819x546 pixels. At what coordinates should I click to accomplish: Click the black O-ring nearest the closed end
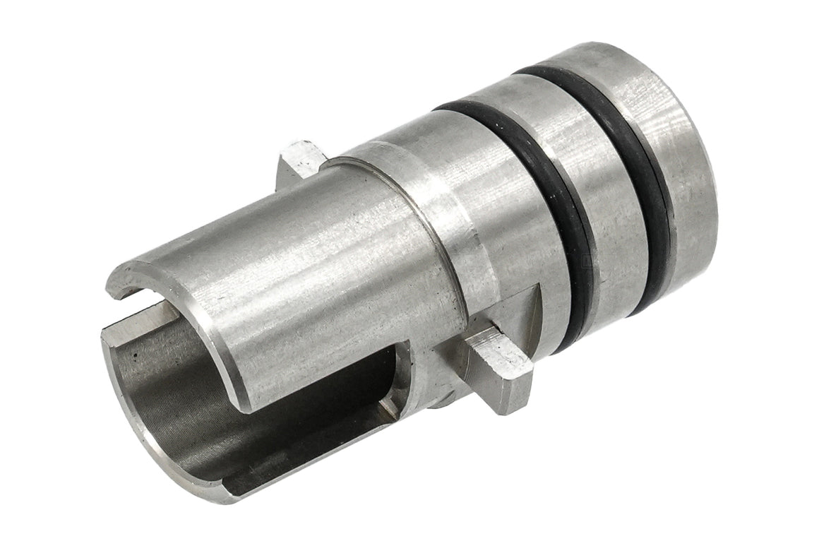point(639,177)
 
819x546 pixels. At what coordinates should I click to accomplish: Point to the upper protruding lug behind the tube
point(300,158)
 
